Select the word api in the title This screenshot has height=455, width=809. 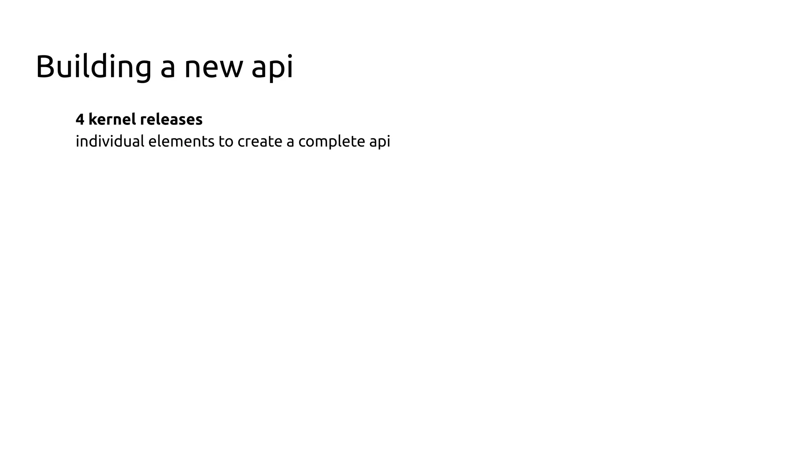pyautogui.click(x=272, y=68)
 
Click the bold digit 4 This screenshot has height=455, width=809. pyautogui.click(x=80, y=120)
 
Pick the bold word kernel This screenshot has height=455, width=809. pyautogui.click(x=112, y=119)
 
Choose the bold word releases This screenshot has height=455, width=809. pyautogui.click(x=171, y=119)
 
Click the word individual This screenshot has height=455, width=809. pyautogui.click(x=110, y=141)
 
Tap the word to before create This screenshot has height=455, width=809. pyautogui.click(x=226, y=141)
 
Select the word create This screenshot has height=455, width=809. pyautogui.click(x=260, y=141)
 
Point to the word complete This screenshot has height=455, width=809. pyautogui.click(x=331, y=142)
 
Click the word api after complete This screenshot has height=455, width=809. pyautogui.click(x=380, y=142)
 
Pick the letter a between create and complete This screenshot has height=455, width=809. pyautogui.click(x=290, y=142)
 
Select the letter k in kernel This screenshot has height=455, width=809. pyautogui.click(x=92, y=119)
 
